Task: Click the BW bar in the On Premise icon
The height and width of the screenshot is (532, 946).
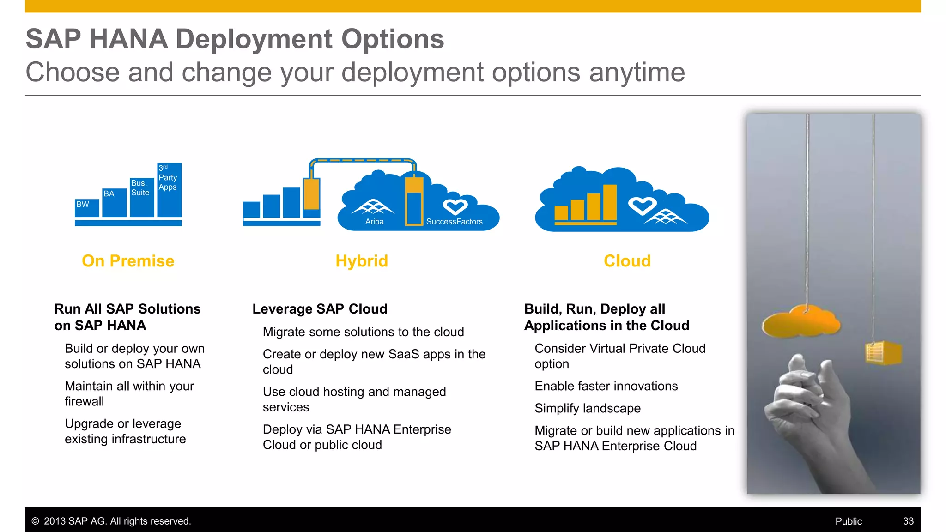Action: pos(87,208)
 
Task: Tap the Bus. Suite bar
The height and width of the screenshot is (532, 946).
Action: pos(142,197)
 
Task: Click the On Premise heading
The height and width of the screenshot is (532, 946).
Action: pos(128,261)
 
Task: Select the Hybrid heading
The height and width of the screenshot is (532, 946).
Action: pos(362,261)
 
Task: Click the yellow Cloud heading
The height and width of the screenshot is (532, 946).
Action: pos(627,261)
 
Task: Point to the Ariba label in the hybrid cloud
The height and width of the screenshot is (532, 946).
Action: pos(374,222)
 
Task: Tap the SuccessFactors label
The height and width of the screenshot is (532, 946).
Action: pos(454,222)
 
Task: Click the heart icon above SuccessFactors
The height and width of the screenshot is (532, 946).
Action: pos(455,206)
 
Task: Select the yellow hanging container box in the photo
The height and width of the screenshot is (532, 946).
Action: pos(883,353)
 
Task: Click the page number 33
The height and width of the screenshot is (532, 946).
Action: pos(908,521)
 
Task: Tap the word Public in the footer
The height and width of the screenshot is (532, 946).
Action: pos(849,521)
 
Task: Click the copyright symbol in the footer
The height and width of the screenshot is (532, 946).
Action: pos(35,521)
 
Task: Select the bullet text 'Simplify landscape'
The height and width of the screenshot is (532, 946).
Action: pos(588,408)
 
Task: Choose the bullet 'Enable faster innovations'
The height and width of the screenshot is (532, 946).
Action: pos(606,386)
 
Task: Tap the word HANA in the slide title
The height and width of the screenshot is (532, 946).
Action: pos(128,39)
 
